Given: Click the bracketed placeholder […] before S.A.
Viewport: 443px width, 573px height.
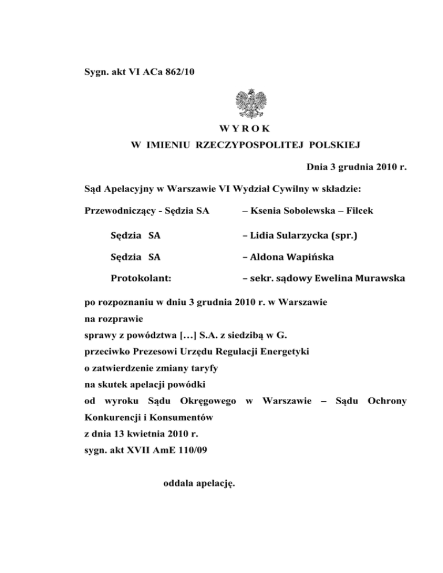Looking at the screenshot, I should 183,334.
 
